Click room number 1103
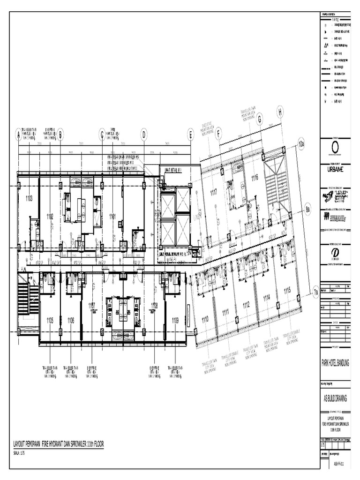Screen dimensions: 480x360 pos(29,198)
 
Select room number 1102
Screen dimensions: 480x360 pos(50,216)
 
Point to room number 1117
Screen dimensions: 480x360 pos(213,192)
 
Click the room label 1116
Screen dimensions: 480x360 pos(255,178)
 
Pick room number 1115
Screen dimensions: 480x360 pos(287,291)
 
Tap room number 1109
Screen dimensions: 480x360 pos(175,320)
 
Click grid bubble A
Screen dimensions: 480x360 pos(19,135)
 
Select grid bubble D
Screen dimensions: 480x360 pos(144,135)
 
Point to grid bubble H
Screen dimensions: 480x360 pos(280,112)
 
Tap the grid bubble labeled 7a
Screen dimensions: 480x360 pos(315,292)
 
